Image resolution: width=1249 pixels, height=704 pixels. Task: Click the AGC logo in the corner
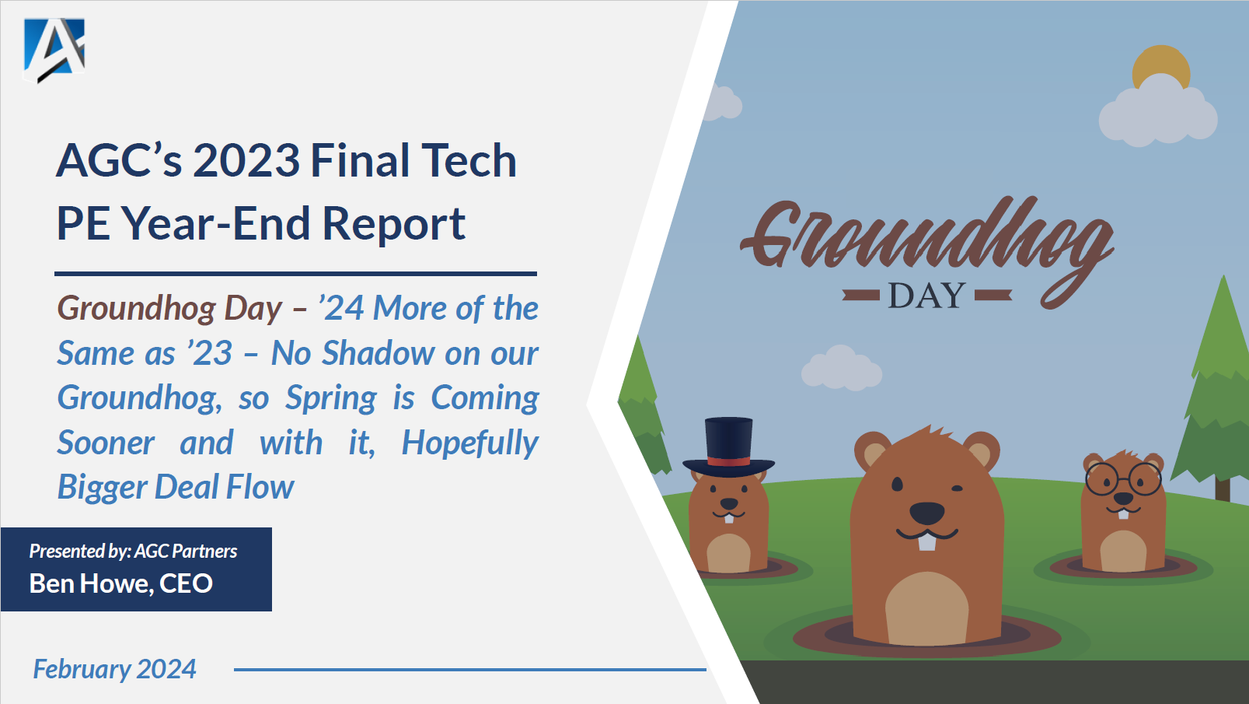tap(54, 49)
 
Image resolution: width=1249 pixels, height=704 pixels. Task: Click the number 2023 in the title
tap(246, 161)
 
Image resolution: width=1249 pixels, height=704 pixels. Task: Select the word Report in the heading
tap(393, 224)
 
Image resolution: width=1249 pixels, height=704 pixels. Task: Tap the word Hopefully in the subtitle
tap(469, 443)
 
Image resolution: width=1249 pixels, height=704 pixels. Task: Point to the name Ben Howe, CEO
tap(121, 583)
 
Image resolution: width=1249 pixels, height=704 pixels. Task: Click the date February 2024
tap(114, 669)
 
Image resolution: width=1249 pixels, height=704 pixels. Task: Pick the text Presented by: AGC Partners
tap(133, 552)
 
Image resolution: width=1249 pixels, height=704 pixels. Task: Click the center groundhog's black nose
tap(926, 513)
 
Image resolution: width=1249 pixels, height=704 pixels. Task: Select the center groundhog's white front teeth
tap(926, 541)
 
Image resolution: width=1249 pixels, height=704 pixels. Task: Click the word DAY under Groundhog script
tap(926, 296)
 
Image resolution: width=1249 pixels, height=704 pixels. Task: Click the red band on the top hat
tap(728, 461)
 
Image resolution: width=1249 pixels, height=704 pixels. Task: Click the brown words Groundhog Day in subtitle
tap(169, 309)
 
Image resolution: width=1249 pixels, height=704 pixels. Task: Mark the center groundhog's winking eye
tap(957, 489)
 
